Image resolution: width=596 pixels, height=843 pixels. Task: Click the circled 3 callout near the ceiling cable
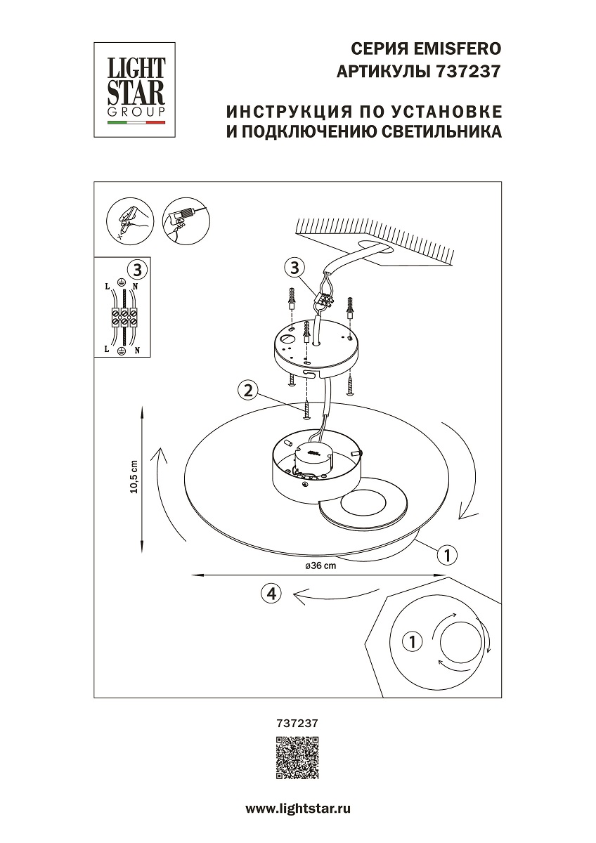tap(294, 268)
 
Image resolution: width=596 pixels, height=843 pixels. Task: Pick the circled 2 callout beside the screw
tap(246, 390)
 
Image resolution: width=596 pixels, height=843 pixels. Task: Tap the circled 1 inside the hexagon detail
tap(412, 641)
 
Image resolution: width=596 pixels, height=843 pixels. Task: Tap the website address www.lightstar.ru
tap(297, 809)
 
